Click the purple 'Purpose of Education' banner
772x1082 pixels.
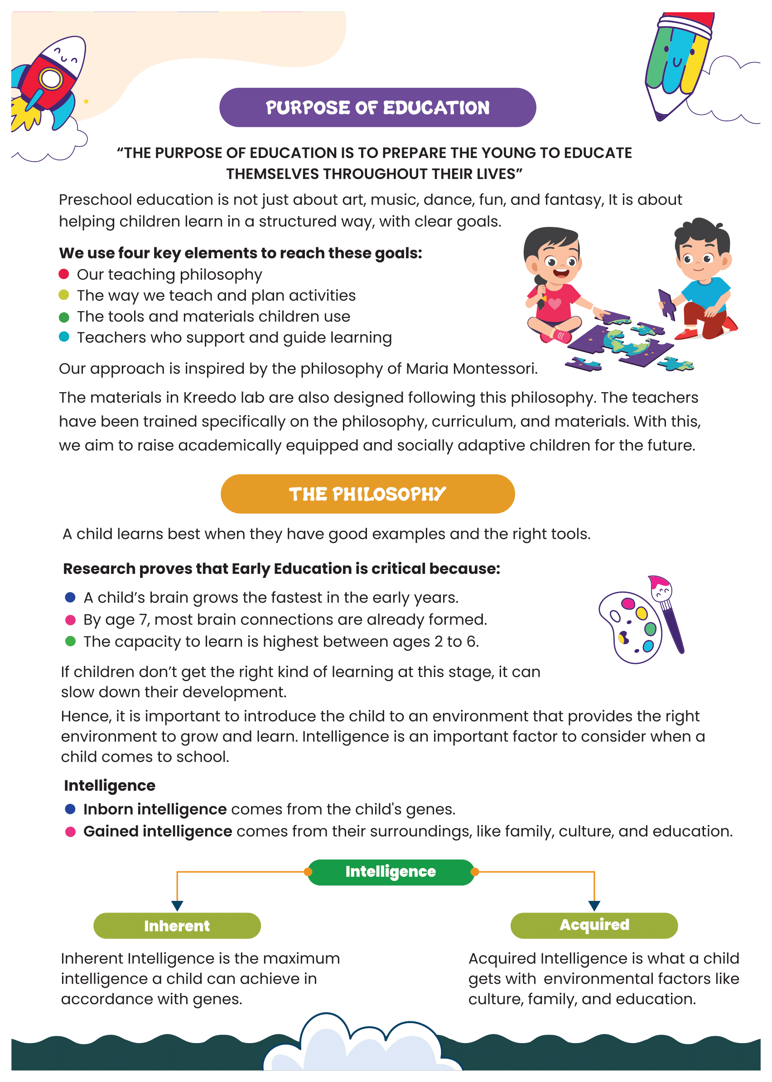click(377, 107)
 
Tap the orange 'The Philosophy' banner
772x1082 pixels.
click(367, 494)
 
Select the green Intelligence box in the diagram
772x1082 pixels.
click(391, 871)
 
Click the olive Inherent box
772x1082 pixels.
click(177, 925)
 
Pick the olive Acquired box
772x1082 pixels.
click(594, 925)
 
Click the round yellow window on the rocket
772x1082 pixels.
click(51, 79)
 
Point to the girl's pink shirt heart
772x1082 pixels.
click(554, 303)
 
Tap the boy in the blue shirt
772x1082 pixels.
click(704, 280)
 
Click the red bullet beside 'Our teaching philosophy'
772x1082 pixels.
click(64, 274)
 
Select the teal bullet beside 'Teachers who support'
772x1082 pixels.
click(64, 337)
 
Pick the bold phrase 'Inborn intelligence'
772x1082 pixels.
click(155, 809)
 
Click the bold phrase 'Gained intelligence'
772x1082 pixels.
click(158, 831)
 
